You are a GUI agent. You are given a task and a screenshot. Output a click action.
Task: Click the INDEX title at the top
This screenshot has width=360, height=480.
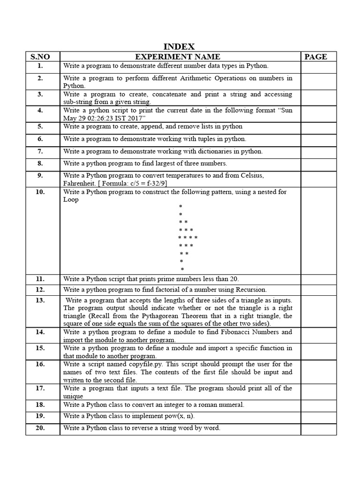[x=179, y=46]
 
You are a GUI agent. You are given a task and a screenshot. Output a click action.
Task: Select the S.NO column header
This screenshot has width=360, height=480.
[x=40, y=57]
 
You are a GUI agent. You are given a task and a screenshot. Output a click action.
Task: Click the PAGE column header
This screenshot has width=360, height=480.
[x=315, y=57]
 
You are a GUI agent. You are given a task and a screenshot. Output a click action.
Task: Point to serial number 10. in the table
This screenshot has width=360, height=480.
[x=40, y=192]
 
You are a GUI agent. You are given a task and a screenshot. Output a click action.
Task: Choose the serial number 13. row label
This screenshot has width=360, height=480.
[x=40, y=300]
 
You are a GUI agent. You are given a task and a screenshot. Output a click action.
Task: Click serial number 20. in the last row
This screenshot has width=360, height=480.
[x=40, y=427]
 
